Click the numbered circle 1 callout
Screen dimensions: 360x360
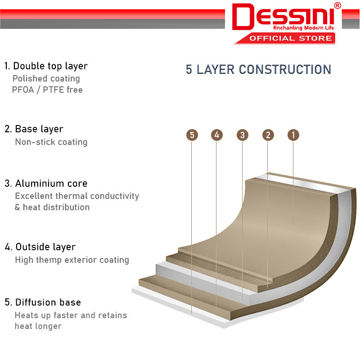[293, 135]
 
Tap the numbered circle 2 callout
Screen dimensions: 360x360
[268, 135]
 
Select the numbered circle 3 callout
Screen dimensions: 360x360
[243, 135]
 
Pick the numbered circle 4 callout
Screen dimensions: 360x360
[217, 135]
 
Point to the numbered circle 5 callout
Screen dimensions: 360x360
[192, 135]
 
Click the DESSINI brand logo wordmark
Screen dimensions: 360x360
[283, 17]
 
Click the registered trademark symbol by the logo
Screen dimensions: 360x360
[337, 5]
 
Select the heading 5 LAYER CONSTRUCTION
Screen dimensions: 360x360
[258, 69]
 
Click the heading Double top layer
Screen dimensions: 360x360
[50, 66]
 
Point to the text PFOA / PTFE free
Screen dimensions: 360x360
[47, 90]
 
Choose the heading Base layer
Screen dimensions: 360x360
[39, 129]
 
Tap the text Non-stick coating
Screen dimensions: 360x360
[51, 142]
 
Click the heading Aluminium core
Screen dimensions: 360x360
[51, 184]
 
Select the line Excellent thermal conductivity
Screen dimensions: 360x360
[77, 196]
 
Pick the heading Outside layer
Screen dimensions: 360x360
[45, 247]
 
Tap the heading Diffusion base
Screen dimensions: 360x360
[48, 302]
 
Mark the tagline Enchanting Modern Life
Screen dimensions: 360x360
[303, 28]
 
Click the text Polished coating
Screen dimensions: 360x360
[46, 79]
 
